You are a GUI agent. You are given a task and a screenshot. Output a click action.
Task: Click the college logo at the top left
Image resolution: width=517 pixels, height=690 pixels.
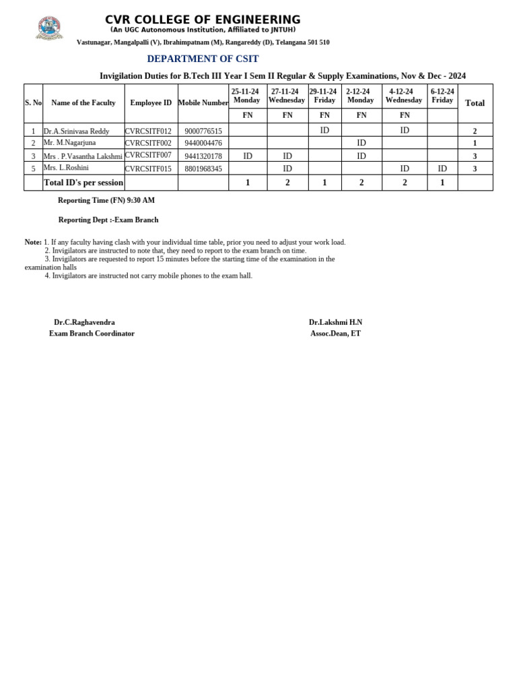pos(48,26)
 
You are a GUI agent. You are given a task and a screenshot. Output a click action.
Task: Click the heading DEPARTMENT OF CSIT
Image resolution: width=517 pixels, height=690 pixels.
pos(203,59)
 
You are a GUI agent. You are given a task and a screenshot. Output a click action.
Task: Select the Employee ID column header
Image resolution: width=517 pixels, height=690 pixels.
pos(151,103)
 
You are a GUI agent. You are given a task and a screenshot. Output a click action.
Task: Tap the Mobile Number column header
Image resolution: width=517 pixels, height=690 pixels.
pos(203,103)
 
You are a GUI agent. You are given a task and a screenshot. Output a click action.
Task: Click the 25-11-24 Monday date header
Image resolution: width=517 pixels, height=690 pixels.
pos(246,96)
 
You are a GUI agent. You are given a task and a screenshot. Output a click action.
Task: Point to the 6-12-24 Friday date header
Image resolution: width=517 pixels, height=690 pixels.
pos(442,96)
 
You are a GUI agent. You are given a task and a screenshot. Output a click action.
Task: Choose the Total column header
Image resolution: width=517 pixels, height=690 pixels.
pos(475,103)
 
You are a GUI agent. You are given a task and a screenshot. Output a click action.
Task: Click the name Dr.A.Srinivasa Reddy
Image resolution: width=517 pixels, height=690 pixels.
pos(76,131)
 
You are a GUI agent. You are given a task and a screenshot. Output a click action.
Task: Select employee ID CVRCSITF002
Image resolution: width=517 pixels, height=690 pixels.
pos(148,143)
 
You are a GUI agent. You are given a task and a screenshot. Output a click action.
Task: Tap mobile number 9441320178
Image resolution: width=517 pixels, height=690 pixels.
pos(203,156)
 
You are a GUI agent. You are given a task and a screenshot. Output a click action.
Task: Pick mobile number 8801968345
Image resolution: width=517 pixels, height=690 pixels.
pos(203,168)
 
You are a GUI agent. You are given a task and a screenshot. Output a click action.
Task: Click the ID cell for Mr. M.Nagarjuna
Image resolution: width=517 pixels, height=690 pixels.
pos(361,143)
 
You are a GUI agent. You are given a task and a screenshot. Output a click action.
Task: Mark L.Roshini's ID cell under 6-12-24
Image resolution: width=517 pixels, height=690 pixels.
pos(442,168)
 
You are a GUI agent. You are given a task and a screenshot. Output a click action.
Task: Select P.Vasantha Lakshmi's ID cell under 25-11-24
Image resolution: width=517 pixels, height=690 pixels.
pos(248,156)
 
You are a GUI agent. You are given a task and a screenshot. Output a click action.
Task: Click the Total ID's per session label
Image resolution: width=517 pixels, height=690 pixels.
pos(83,183)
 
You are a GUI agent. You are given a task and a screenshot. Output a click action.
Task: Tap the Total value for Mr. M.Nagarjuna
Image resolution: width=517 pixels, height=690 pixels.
pos(475,144)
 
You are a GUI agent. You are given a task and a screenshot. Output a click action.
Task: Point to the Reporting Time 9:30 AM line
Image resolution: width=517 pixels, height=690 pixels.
pos(106,201)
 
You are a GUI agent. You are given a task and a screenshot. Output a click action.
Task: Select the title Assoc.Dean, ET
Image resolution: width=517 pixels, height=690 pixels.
pos(335,334)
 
